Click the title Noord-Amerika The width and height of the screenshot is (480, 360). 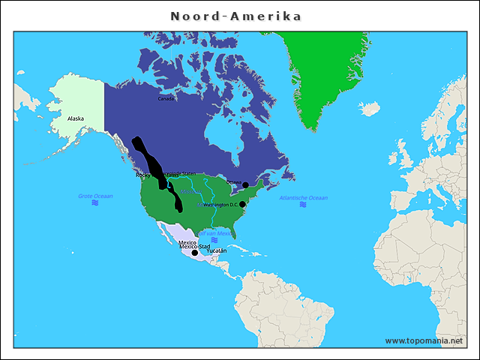tap(236, 16)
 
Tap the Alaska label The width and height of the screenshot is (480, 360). tap(76, 118)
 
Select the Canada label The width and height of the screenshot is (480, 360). tap(166, 98)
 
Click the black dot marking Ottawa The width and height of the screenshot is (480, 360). tap(245, 184)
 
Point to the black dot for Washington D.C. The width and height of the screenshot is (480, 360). tap(242, 204)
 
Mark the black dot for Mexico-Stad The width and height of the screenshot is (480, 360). tap(195, 253)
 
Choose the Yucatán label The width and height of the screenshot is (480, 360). tap(216, 250)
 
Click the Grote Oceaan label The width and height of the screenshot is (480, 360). tap(95, 196)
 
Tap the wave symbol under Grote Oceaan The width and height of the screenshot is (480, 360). tap(95, 203)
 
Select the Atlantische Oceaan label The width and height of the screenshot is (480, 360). tap(303, 197)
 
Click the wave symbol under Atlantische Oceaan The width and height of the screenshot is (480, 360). tap(303, 205)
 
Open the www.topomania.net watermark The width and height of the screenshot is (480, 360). tap(424, 340)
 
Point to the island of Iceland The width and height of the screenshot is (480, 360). tap(369, 109)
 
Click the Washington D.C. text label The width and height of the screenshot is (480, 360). tap(221, 204)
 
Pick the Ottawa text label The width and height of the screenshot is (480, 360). tap(233, 182)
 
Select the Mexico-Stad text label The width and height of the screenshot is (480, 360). tap(193, 246)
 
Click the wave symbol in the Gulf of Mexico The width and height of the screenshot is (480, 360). tap(215, 240)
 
